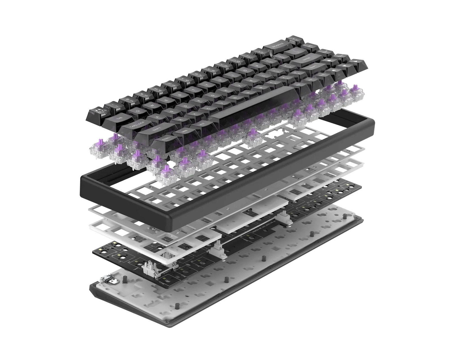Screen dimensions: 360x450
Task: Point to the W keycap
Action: pos(152,104)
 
